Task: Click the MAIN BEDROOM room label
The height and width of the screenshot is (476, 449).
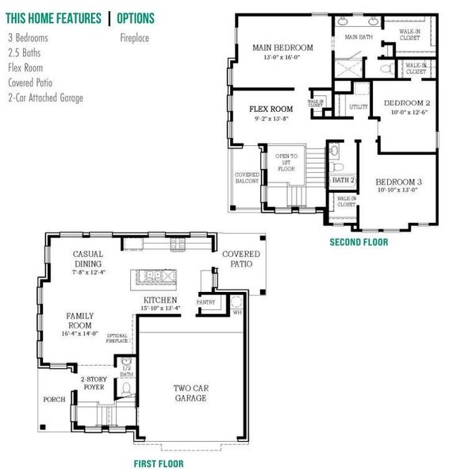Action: pos(282,48)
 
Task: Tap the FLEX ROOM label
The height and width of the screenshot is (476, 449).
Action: pos(271,109)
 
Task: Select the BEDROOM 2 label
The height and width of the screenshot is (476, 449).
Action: pos(406,104)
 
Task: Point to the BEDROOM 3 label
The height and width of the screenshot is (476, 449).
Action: pos(398,182)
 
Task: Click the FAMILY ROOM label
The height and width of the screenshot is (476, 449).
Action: pos(79,320)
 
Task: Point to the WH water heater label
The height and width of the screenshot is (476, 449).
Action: pos(236,312)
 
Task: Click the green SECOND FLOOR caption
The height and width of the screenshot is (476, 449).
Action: pos(359,242)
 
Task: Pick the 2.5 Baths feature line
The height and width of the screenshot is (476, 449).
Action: pos(24,52)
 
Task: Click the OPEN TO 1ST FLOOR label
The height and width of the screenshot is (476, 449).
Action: pos(286,161)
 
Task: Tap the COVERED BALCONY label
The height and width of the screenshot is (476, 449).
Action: pos(247,177)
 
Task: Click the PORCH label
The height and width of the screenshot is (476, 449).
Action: pos(54,399)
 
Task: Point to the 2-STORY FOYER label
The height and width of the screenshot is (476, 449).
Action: pos(93,384)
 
